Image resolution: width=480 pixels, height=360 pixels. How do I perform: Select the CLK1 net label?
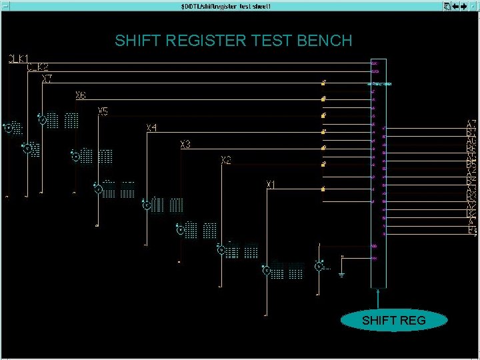[x=18, y=59]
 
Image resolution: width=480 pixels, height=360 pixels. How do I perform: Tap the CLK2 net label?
[x=37, y=67]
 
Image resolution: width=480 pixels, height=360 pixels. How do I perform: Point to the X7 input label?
[x=47, y=79]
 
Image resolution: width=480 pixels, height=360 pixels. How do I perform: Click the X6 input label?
[x=80, y=96]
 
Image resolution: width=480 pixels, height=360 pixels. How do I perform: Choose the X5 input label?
[x=103, y=111]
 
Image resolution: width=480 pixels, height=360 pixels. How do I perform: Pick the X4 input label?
[x=152, y=127]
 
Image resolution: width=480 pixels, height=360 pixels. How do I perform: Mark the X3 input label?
[x=185, y=145]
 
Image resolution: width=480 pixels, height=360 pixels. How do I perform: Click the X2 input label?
[x=226, y=161]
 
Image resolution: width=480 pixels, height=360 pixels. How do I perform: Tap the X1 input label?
[x=271, y=183]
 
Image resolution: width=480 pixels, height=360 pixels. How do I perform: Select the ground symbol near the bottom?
[x=341, y=273]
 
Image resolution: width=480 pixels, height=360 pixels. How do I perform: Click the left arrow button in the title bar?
[x=456, y=6]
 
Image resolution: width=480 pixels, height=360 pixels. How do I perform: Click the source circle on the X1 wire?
[x=266, y=270]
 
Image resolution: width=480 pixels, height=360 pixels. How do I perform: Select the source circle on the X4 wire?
[x=146, y=205]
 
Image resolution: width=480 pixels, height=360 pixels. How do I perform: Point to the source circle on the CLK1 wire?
[x=8, y=127]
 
